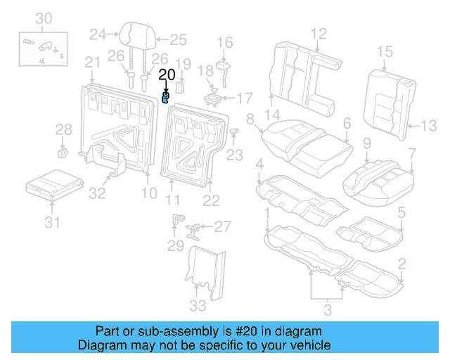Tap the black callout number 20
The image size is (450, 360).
(x=167, y=74)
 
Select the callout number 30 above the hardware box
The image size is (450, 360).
(x=44, y=18)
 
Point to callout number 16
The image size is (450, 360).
(x=225, y=43)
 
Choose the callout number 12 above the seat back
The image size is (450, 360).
(x=319, y=32)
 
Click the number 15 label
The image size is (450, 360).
(x=385, y=51)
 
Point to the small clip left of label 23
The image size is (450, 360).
(x=235, y=131)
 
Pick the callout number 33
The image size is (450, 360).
(x=199, y=305)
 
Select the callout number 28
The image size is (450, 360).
(x=64, y=129)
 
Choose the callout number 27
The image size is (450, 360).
(x=222, y=226)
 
